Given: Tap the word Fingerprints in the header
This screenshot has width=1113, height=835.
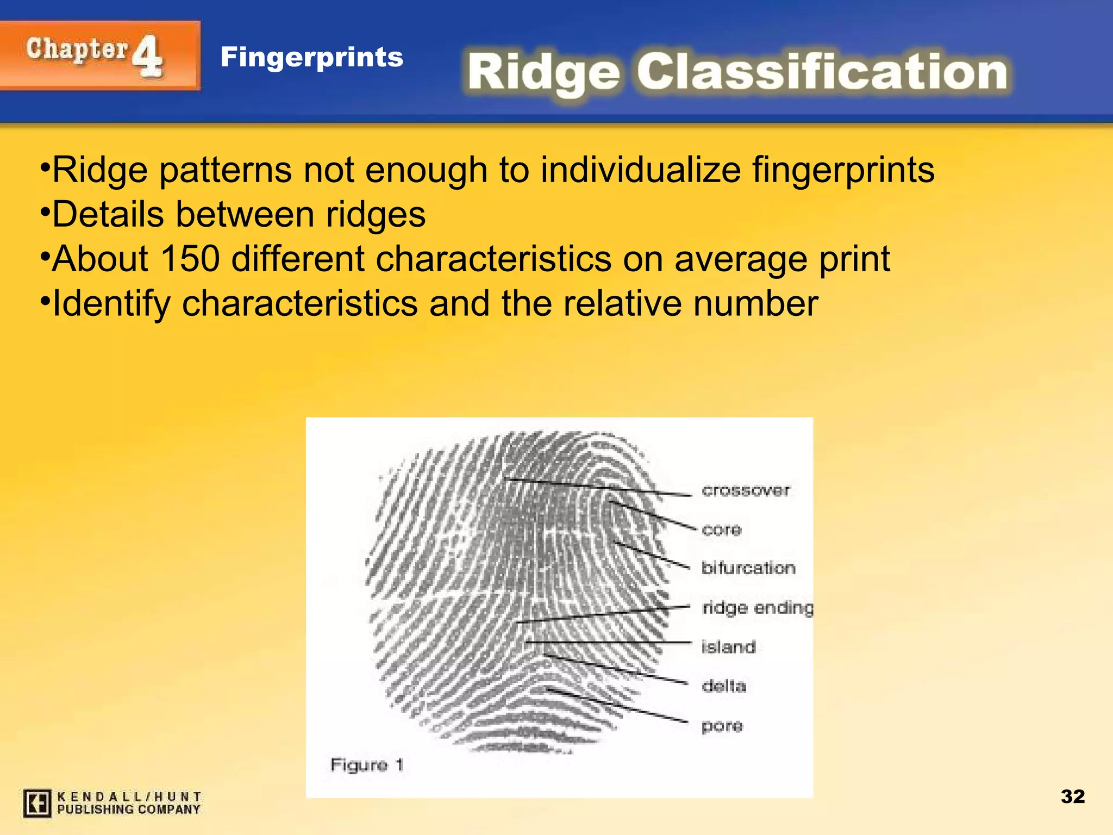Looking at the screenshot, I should point(312,57).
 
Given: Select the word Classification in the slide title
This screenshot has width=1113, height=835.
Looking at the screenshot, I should point(822,72).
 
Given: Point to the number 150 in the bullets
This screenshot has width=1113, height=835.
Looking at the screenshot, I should point(190,258).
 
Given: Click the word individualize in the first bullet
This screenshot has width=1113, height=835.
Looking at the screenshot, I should point(641,170).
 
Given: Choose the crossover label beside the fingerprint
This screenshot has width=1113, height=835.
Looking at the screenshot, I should point(746,490).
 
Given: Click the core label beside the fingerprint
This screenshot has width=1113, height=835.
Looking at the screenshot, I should point(722,529).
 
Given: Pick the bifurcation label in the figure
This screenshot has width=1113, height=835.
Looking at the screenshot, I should point(748,568).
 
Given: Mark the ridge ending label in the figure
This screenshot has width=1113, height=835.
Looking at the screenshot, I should point(758,608).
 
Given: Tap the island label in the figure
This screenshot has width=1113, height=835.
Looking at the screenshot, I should point(728,647).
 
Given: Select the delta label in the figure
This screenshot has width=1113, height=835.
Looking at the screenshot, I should point(724,686).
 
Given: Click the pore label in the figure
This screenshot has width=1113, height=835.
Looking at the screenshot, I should point(722,726).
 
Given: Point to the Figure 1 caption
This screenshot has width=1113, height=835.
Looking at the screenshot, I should point(367,765).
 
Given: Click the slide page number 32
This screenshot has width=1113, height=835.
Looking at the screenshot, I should point(1072,796).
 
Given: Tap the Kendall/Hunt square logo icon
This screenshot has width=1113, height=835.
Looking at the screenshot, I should point(37,803).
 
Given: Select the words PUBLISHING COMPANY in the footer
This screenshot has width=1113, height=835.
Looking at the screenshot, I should point(129,809).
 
